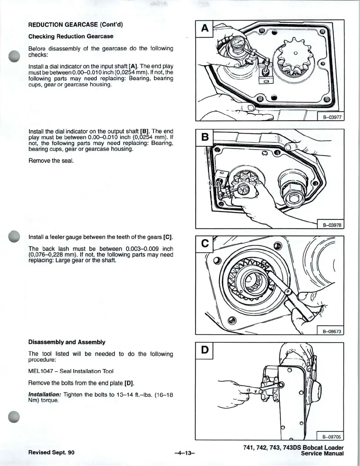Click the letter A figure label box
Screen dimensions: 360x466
204,29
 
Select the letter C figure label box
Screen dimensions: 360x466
204,244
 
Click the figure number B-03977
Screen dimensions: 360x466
331,117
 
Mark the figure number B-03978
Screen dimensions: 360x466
331,225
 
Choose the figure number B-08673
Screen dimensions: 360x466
331,331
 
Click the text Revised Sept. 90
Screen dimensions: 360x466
51,452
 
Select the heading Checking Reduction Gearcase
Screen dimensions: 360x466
71,36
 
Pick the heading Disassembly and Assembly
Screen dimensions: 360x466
67,342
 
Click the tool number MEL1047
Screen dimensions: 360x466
41,371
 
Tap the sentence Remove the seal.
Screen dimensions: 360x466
51,161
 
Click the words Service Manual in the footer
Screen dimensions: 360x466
322,454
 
